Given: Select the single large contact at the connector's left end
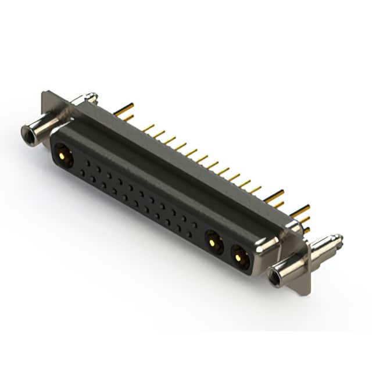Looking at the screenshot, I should pyautogui.click(x=62, y=155).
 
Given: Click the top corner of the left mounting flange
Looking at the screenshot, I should pyautogui.click(x=45, y=94).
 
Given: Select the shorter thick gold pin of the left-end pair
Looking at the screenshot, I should pyautogui.click(x=128, y=118).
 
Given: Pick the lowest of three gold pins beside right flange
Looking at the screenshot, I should pyautogui.click(x=306, y=230).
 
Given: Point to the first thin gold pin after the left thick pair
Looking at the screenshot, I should pyautogui.click(x=149, y=127).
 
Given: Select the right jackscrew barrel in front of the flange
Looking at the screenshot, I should pyautogui.click(x=291, y=265).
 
